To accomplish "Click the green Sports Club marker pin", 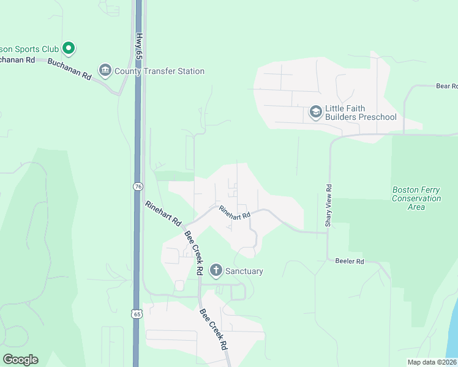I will [x=69, y=48].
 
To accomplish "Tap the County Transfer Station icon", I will [x=105, y=71].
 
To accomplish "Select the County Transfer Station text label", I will [x=159, y=72].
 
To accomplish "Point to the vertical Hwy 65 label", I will [x=140, y=46].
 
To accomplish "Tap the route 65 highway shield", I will [x=137, y=314].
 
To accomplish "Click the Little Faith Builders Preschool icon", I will [x=315, y=112].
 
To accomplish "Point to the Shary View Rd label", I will [x=329, y=206].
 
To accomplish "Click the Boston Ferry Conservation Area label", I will [x=416, y=198].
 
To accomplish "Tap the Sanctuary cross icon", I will [x=216, y=270].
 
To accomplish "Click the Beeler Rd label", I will [x=350, y=261].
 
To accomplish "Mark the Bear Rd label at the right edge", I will [x=446, y=86].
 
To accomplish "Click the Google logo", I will [x=20, y=360].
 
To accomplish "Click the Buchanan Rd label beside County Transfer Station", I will [x=69, y=69].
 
